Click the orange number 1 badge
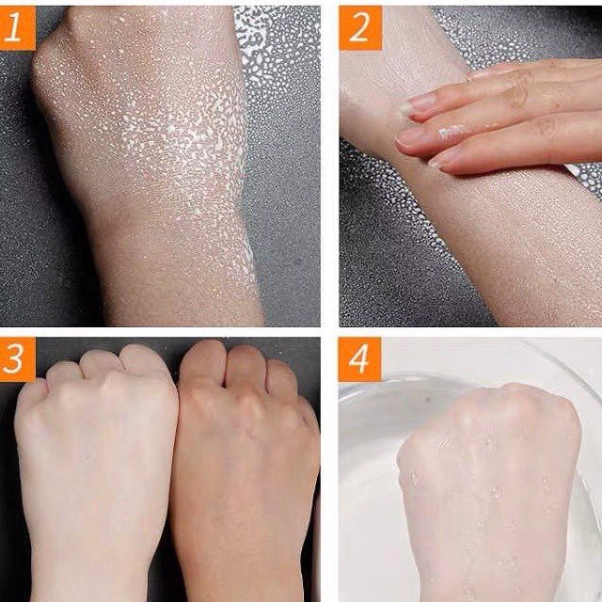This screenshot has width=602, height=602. (x=17, y=27)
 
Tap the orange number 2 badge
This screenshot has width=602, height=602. (x=360, y=28)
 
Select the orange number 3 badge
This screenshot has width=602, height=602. (x=18, y=359)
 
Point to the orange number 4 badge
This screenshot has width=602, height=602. (x=359, y=359)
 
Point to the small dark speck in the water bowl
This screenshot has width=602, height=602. (x=427, y=401)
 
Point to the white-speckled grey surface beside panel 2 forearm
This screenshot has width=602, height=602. (x=384, y=215)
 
